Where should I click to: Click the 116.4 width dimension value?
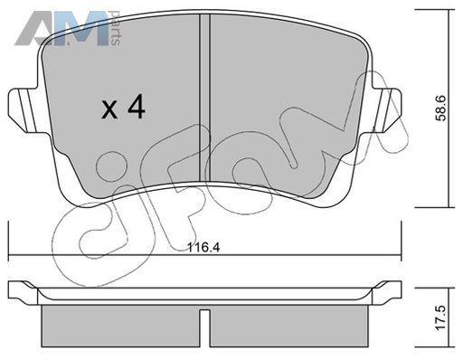point(203,248)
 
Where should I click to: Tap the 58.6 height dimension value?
point(441,108)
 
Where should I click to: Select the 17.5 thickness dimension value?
point(440,317)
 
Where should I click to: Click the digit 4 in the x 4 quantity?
point(137,107)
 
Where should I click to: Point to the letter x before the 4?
point(109,109)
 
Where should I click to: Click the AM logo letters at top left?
point(61,29)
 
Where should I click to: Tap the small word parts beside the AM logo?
point(116,28)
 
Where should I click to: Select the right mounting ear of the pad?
point(387,110)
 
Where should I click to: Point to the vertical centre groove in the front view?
point(205,98)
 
